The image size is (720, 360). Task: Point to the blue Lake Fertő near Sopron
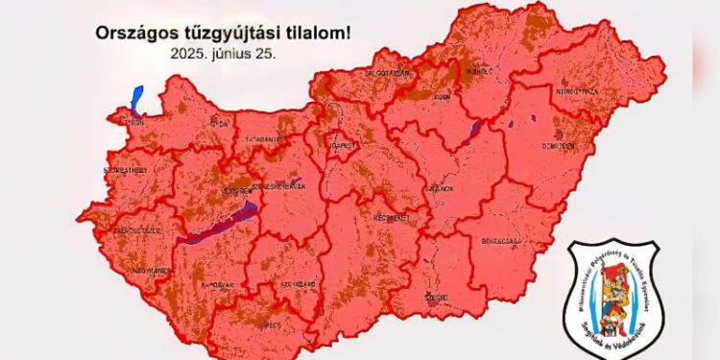tap(135, 99)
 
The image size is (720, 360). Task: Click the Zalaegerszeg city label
tap(137, 231)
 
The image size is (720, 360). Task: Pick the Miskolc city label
tap(479, 70)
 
